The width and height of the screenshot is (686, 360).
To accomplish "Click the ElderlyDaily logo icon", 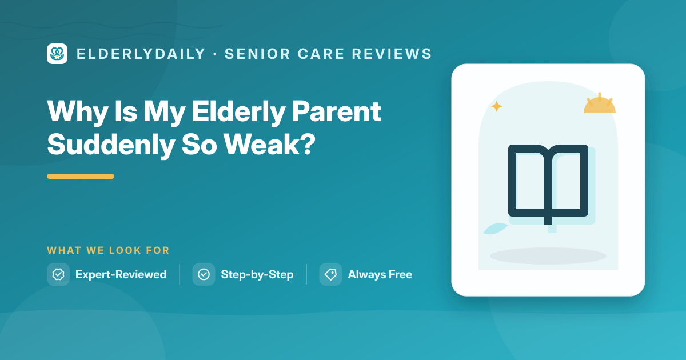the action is tap(57, 54).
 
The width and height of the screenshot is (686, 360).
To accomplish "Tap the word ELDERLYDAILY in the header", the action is tap(141, 54).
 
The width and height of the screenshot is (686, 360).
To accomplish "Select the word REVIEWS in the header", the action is tap(392, 54).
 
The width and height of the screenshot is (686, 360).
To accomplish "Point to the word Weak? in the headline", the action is tap(269, 145).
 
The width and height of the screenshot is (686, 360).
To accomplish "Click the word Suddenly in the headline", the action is tap(111, 146).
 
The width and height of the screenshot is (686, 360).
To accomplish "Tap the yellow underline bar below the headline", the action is tap(81, 177).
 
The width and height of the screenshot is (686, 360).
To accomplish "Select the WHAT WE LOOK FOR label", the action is tap(108, 250).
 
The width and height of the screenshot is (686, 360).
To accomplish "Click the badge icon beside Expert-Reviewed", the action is tap(58, 274).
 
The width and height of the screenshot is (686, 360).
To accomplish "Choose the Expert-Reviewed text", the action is tap(121, 275).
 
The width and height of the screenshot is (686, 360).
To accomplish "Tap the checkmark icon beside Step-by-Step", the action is tap(204, 274).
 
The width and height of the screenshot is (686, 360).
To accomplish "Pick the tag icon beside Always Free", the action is tap(331, 274).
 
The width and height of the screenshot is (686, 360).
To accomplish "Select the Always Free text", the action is tap(380, 275).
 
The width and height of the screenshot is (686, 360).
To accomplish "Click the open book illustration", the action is tap(548, 184).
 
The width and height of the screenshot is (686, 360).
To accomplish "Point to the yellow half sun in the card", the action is tap(599, 103).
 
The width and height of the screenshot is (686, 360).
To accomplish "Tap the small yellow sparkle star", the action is tap(497, 106).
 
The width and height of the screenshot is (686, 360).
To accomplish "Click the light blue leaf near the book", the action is tap(496, 229).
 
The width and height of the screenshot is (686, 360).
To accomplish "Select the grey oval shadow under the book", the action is tap(548, 256).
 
